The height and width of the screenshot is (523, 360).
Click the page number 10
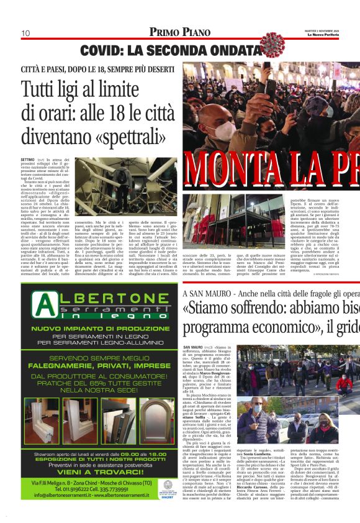(26, 33)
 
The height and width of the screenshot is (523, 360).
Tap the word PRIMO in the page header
(164, 32)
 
